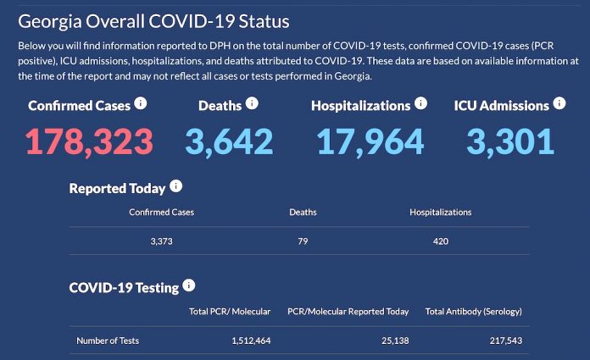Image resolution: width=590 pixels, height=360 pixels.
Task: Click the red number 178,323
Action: pos(89,141)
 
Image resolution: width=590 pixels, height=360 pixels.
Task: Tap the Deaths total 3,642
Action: pos(229,141)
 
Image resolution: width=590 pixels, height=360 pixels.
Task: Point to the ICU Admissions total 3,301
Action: pos(509,141)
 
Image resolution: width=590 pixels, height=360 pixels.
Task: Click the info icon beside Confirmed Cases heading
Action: pos(141,103)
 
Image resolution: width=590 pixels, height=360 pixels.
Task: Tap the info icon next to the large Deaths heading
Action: pos(252,103)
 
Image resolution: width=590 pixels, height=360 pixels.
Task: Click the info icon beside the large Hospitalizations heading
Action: pos(420,103)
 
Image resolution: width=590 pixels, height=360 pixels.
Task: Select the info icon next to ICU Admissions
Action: pos(559,103)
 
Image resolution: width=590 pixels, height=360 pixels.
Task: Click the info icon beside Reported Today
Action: pos(175,186)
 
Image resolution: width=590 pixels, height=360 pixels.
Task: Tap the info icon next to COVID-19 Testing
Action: pos(189,286)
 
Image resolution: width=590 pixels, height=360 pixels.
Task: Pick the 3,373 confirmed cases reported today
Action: pos(161,241)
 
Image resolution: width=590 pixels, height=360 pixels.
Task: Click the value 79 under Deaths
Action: pos(303,241)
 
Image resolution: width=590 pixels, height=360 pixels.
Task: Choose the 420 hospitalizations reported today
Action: pos(440,241)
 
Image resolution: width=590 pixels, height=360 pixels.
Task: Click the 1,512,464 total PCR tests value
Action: pos(250,341)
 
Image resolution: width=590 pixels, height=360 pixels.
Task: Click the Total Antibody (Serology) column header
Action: pos(474,312)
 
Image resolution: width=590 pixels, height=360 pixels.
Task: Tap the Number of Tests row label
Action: pos(108,341)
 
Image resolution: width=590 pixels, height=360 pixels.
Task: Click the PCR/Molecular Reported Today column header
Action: pos(348,312)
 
